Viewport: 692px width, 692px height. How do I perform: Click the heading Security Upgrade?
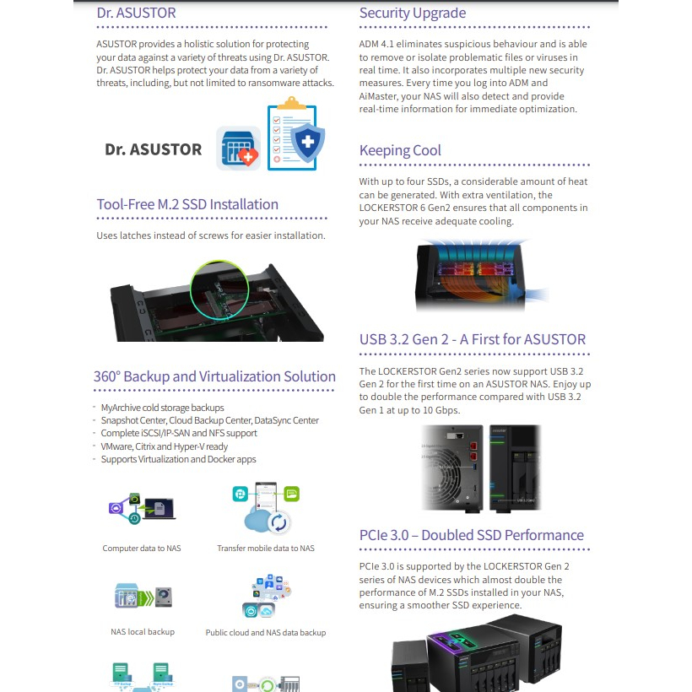[413, 13]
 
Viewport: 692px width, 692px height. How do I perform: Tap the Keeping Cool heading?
[400, 151]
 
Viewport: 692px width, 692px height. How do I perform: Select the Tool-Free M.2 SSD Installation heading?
[187, 204]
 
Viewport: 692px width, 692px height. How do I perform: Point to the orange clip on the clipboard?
[292, 103]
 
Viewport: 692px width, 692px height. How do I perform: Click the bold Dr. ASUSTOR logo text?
[153, 149]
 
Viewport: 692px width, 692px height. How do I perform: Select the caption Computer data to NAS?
[142, 549]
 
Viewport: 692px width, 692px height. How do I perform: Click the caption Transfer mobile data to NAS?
[266, 549]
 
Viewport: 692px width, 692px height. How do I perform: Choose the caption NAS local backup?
[143, 632]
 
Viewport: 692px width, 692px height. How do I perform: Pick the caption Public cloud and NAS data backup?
[266, 632]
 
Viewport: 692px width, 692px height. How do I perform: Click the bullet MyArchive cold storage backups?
[162, 408]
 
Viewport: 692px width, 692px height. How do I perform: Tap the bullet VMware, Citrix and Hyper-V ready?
[164, 446]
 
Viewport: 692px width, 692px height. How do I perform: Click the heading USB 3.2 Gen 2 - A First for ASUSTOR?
[473, 339]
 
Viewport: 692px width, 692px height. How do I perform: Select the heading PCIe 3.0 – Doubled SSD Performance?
[472, 535]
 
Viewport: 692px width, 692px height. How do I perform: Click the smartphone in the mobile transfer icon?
[266, 499]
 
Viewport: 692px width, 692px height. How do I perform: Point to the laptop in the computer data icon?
[159, 508]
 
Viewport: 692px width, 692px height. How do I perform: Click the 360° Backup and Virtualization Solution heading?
[214, 376]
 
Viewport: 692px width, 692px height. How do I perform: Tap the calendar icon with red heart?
[238, 148]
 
